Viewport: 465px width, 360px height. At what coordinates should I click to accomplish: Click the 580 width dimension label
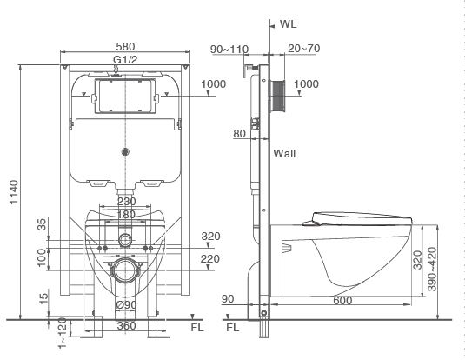point(125,47)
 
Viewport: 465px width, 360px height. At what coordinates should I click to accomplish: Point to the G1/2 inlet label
point(125,60)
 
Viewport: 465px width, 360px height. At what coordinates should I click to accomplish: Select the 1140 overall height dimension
point(14,192)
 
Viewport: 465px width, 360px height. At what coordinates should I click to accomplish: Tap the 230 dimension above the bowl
point(127,202)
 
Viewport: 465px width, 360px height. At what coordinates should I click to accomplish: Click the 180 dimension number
point(126,214)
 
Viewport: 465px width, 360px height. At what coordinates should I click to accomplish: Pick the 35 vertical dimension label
point(42,224)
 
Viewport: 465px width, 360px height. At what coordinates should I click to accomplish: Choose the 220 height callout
point(210,259)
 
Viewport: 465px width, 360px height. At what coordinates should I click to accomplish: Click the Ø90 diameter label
point(126,305)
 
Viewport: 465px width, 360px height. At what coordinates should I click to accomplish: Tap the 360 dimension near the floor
point(127,325)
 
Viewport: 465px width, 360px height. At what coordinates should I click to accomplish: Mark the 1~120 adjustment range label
point(62,333)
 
